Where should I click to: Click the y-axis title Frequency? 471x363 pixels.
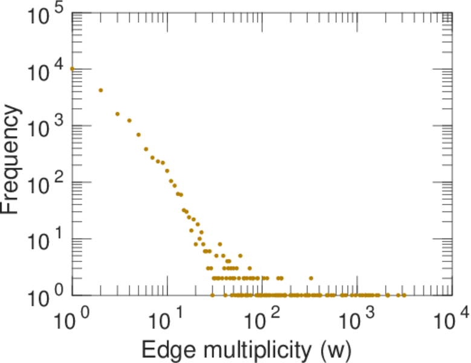(13, 158)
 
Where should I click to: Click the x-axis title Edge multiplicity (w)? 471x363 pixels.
(246, 349)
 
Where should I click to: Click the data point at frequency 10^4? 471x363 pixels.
(73, 68)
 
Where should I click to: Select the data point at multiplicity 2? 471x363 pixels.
(101, 90)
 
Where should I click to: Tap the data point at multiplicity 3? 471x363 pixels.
(118, 114)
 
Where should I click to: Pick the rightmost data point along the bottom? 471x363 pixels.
(404, 295)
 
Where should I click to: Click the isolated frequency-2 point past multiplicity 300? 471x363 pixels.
(311, 278)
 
